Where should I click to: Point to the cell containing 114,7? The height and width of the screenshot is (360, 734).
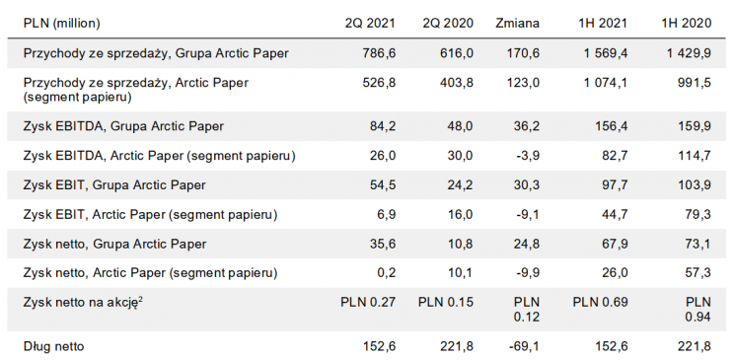pyautogui.click(x=690, y=156)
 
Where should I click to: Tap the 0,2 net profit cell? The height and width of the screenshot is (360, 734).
pyautogui.click(x=386, y=271)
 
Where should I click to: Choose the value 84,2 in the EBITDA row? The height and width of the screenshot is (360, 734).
pyautogui.click(x=380, y=126)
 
